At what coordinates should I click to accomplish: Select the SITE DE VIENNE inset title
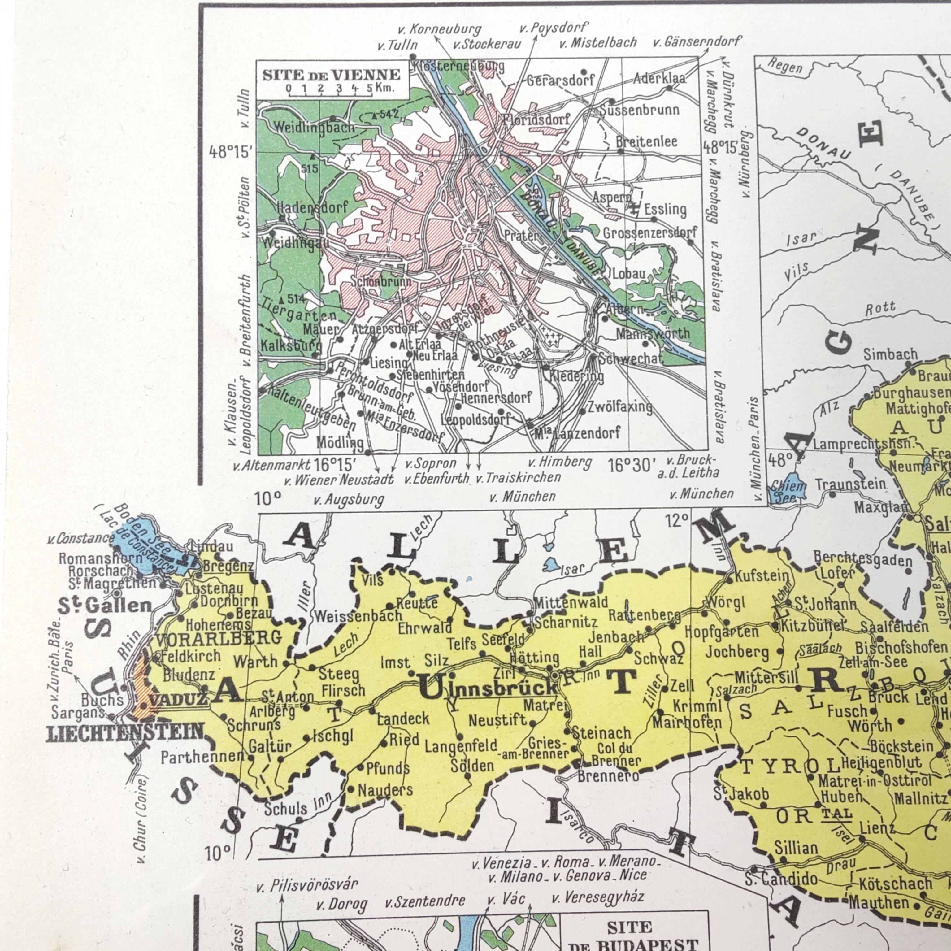(331, 75)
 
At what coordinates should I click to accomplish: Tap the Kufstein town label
(762, 575)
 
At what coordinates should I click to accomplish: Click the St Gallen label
(104, 606)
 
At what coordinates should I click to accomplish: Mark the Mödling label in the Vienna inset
(340, 442)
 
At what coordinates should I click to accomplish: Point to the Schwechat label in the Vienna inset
(631, 359)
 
